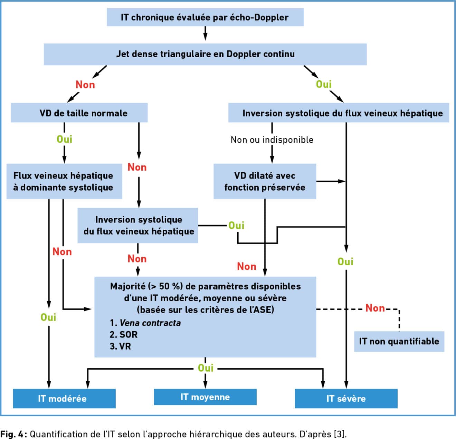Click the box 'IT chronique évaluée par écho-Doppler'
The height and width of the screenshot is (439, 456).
point(205,17)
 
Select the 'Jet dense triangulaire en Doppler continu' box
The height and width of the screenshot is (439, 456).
point(205,54)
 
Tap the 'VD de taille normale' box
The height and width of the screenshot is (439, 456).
point(79,113)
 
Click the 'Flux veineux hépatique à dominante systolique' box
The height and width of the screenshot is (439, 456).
point(64,181)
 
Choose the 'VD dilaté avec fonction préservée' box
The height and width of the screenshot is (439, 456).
point(265,181)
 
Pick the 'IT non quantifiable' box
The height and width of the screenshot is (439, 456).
point(399,342)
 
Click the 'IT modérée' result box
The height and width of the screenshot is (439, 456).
point(64,399)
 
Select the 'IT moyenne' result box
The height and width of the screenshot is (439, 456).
point(205,397)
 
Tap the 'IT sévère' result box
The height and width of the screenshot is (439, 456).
point(346,399)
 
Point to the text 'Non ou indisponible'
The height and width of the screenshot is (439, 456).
point(272,140)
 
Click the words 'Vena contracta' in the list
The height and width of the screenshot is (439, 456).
point(150,323)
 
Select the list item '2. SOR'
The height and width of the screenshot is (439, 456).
point(123,335)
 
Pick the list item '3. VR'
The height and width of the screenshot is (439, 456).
point(120,346)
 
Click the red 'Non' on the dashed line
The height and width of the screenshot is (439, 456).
point(375,308)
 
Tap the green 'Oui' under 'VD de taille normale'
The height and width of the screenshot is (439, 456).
point(65,140)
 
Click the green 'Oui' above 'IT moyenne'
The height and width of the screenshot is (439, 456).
point(206,368)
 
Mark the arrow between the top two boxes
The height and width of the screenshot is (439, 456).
point(205,33)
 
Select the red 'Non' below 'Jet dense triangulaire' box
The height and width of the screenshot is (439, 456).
point(85,85)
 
